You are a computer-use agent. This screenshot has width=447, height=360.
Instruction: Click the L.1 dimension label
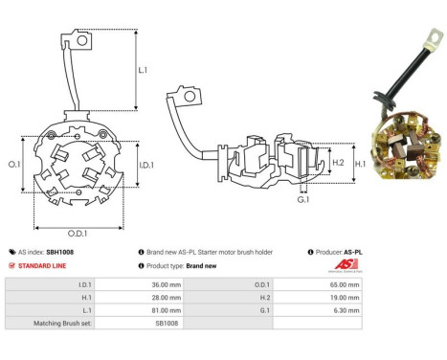pos(143,70)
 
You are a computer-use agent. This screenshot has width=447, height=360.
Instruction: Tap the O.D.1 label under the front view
pos(78,234)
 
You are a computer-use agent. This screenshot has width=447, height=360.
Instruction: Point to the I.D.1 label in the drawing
pos(146,165)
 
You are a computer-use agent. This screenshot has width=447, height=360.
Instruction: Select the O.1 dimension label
pos(14,165)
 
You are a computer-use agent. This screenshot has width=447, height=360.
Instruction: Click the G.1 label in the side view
pos(303,199)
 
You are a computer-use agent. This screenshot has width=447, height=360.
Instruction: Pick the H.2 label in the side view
pos(338,163)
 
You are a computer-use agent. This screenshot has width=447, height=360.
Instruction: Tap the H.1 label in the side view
pos(360,164)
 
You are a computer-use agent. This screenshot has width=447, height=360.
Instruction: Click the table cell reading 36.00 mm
pos(167,284)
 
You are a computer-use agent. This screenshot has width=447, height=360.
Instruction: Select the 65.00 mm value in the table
pos(345,284)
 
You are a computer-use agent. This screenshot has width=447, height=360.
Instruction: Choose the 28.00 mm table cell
pos(167,298)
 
